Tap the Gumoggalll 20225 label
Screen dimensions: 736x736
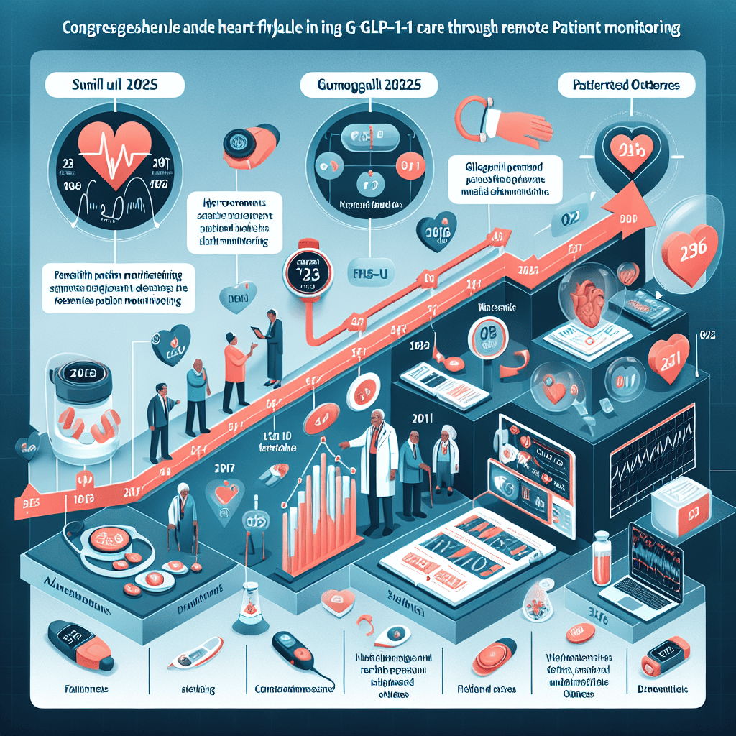(x=369, y=84)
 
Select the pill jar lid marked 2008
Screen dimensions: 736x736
(x=80, y=375)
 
